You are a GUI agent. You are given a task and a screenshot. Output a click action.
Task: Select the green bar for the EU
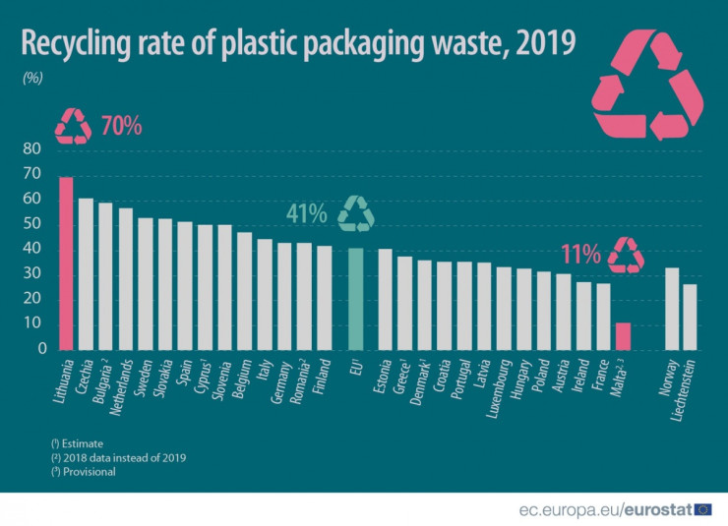click(356, 299)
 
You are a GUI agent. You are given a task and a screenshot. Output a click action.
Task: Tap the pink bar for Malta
click(622, 335)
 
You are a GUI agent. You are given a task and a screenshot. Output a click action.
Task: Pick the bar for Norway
click(672, 309)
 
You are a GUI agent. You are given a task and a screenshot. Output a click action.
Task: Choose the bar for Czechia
click(87, 274)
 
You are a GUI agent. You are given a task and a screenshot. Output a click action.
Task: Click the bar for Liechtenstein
click(690, 317)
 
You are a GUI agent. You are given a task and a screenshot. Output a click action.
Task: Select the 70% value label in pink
click(121, 126)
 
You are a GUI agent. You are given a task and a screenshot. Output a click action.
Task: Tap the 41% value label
click(306, 213)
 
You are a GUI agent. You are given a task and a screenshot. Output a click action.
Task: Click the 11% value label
click(580, 255)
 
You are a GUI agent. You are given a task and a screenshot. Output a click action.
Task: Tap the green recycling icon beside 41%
click(356, 213)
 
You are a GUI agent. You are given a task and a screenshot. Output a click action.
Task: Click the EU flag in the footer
click(702, 508)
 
